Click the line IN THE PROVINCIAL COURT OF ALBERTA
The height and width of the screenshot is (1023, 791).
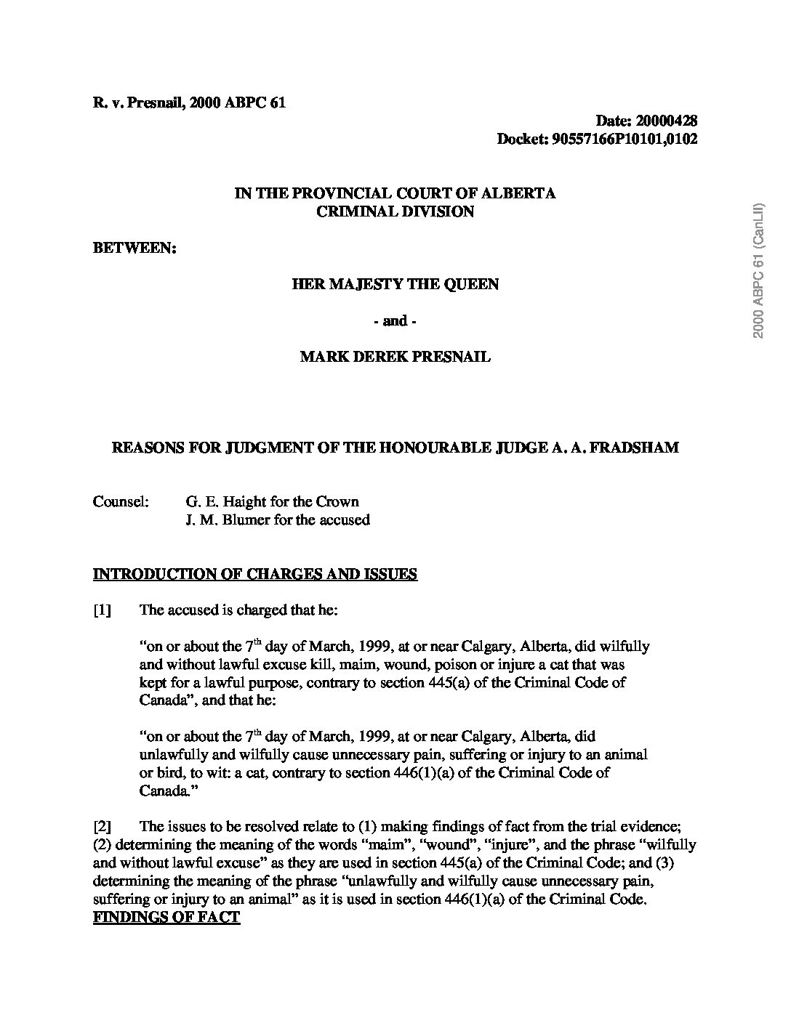(x=395, y=193)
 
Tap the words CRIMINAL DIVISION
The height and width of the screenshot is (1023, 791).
(x=395, y=211)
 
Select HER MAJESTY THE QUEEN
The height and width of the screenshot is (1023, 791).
(x=395, y=284)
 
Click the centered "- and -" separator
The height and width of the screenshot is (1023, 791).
(x=395, y=320)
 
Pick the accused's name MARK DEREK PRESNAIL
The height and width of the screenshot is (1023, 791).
(x=395, y=357)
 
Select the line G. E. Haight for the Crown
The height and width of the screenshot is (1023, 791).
(x=273, y=501)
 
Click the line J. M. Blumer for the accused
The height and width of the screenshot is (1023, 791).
(x=278, y=519)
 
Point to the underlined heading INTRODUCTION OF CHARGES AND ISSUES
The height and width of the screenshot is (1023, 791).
(x=255, y=574)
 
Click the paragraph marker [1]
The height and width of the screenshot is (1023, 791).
(x=103, y=610)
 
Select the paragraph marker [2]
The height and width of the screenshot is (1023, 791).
(x=103, y=826)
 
